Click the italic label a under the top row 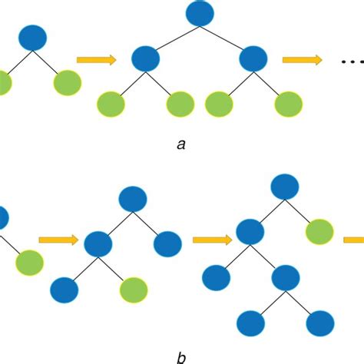click(x=181, y=144)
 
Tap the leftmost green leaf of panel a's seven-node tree click(x=112, y=104)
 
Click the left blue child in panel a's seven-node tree click(x=145, y=58)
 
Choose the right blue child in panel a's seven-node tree click(x=253, y=58)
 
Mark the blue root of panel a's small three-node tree click(x=33, y=38)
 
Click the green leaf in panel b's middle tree click(x=134, y=290)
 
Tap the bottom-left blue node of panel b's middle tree click(x=64, y=290)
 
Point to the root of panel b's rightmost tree click(x=284, y=186)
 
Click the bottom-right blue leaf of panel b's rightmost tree click(x=319, y=323)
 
